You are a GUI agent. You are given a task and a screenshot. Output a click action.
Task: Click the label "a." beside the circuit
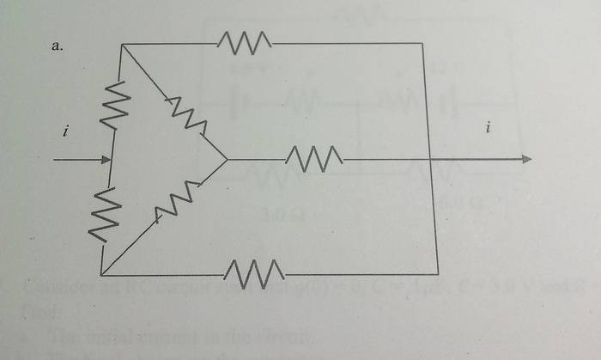(58, 47)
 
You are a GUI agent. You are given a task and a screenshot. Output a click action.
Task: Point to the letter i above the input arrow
(65, 131)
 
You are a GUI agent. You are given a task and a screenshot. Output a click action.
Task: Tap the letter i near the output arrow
(488, 129)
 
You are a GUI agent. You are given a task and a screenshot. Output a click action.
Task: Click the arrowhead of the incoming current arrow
(106, 160)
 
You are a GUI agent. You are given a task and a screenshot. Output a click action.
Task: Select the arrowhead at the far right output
(526, 159)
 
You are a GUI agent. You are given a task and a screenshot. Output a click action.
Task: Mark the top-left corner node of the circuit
(120, 45)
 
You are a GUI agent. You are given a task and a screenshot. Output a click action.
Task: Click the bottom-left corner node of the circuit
(100, 275)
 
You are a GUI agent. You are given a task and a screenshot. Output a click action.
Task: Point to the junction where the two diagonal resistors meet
(227, 159)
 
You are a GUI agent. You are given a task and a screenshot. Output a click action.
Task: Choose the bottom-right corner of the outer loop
(438, 274)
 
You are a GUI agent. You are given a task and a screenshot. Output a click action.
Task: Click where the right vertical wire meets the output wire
(431, 159)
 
